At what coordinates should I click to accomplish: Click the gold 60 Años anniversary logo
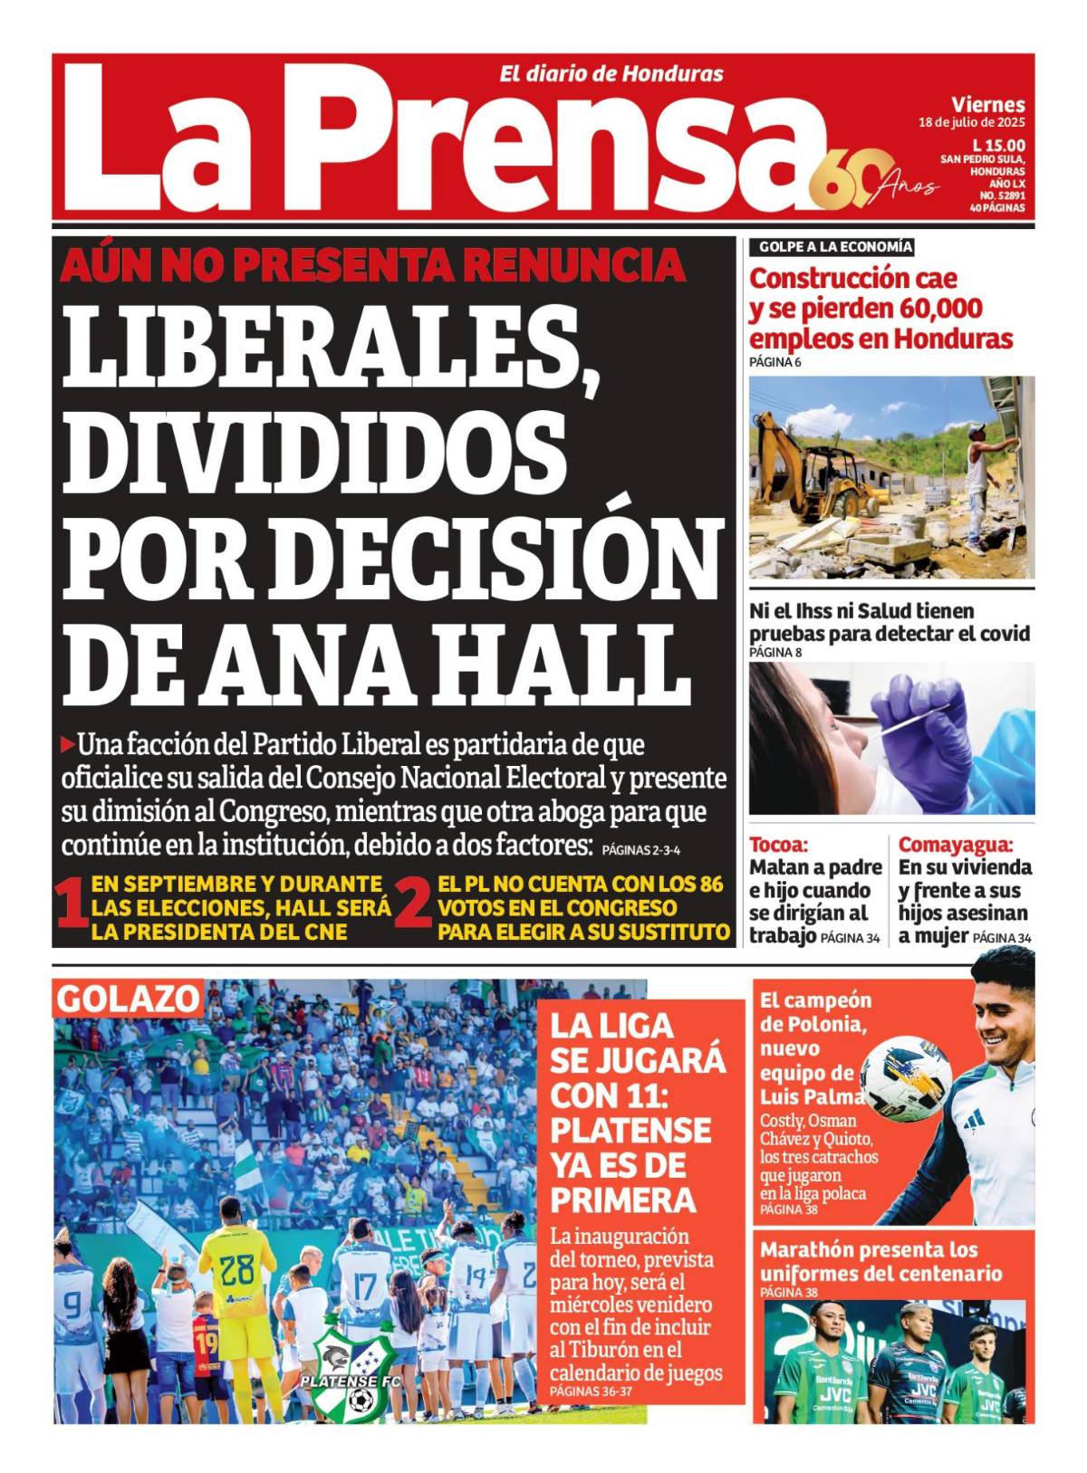874,181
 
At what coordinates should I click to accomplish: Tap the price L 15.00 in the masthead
998,145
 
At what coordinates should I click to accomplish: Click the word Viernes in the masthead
987,105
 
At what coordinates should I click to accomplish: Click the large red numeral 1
71,907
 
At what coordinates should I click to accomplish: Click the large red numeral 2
412,907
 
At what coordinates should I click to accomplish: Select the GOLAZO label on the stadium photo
128,1000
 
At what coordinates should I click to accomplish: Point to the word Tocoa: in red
777,845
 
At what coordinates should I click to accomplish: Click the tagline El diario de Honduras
611,74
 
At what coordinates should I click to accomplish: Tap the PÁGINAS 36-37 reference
590,1392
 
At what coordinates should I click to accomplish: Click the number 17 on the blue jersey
364,1286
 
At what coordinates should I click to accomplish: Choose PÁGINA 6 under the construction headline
774,362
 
